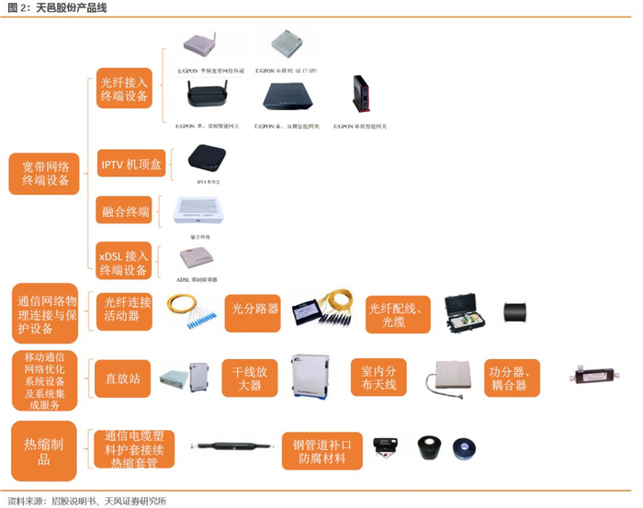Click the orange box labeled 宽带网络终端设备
click(46, 173)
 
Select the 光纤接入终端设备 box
click(123, 88)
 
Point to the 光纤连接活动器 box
click(126, 309)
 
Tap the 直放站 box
click(122, 378)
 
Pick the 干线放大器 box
click(251, 378)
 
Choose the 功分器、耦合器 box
click(511, 378)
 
